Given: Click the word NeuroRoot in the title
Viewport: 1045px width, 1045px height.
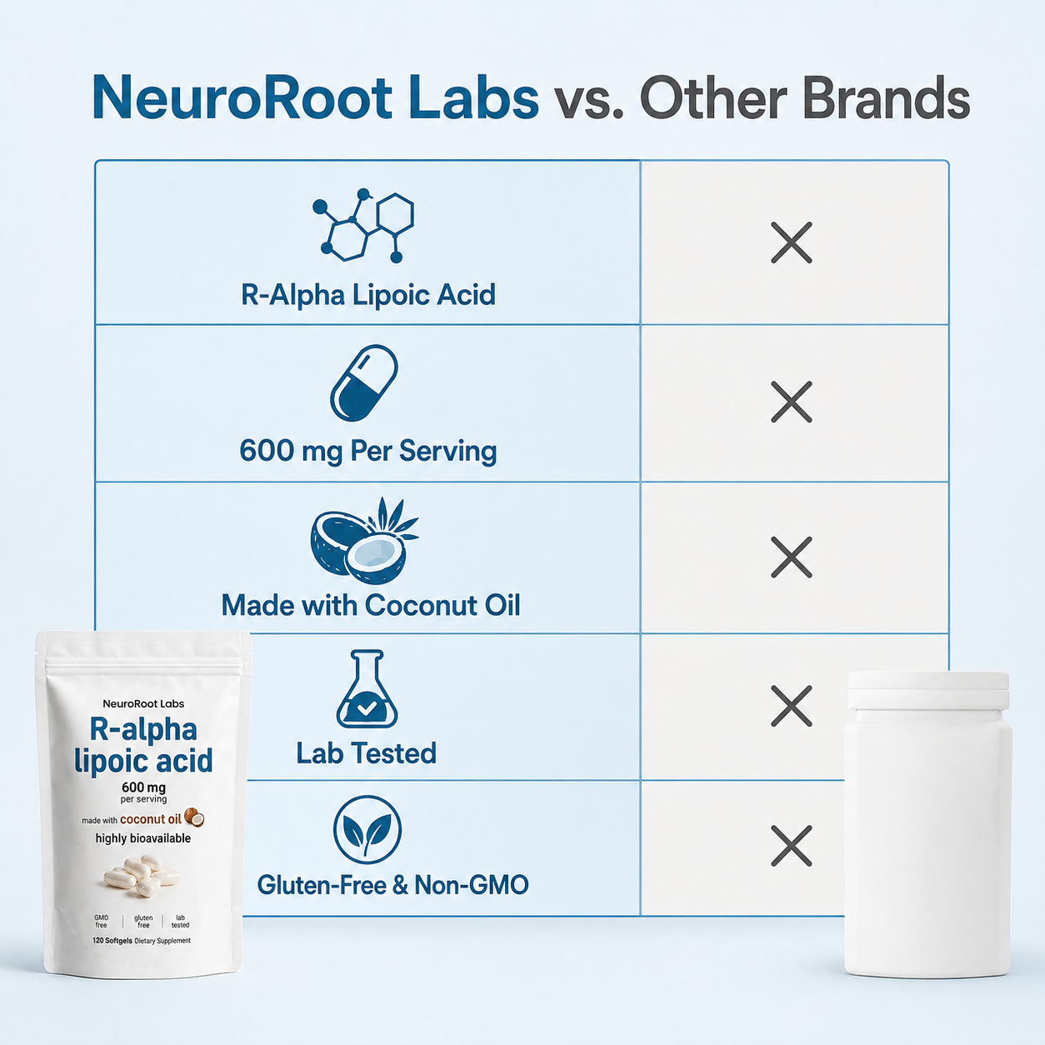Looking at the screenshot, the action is (x=242, y=97).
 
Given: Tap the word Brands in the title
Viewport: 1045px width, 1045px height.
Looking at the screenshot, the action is (x=886, y=97).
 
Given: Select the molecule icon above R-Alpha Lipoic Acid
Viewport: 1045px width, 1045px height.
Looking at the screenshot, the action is (x=363, y=226).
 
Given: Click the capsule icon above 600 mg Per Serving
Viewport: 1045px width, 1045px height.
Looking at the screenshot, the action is (x=364, y=382).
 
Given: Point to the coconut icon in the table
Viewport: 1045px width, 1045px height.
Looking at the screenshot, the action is (x=364, y=540).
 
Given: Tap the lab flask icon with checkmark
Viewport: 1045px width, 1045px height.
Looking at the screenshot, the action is (x=367, y=688).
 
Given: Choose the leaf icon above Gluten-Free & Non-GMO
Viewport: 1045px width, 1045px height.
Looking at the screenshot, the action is (x=367, y=830).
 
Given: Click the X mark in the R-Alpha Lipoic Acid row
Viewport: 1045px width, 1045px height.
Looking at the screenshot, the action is (x=791, y=242).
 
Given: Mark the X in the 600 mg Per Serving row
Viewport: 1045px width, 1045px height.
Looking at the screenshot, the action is (x=791, y=402).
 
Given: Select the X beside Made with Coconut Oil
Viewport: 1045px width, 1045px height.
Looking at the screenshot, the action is (x=791, y=557).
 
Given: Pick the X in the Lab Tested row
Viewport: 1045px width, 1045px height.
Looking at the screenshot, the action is (x=791, y=706).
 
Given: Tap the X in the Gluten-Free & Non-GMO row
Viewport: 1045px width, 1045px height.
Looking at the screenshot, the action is (x=791, y=846).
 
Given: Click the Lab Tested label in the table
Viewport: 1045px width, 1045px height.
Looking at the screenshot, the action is (x=367, y=753).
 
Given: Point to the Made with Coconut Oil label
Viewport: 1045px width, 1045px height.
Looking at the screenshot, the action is (x=371, y=605).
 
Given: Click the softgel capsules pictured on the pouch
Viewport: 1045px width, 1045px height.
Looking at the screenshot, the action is (x=142, y=875).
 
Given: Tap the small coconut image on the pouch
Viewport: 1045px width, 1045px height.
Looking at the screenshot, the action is (x=194, y=817).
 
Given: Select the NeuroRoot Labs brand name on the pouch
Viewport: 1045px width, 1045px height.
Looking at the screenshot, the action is (x=143, y=704).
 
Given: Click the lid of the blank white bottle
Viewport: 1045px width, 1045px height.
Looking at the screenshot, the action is (x=928, y=690).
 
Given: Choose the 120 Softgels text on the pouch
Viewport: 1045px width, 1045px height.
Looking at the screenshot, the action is (x=112, y=940).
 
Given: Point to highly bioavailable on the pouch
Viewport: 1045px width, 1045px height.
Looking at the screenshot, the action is (x=143, y=839).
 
